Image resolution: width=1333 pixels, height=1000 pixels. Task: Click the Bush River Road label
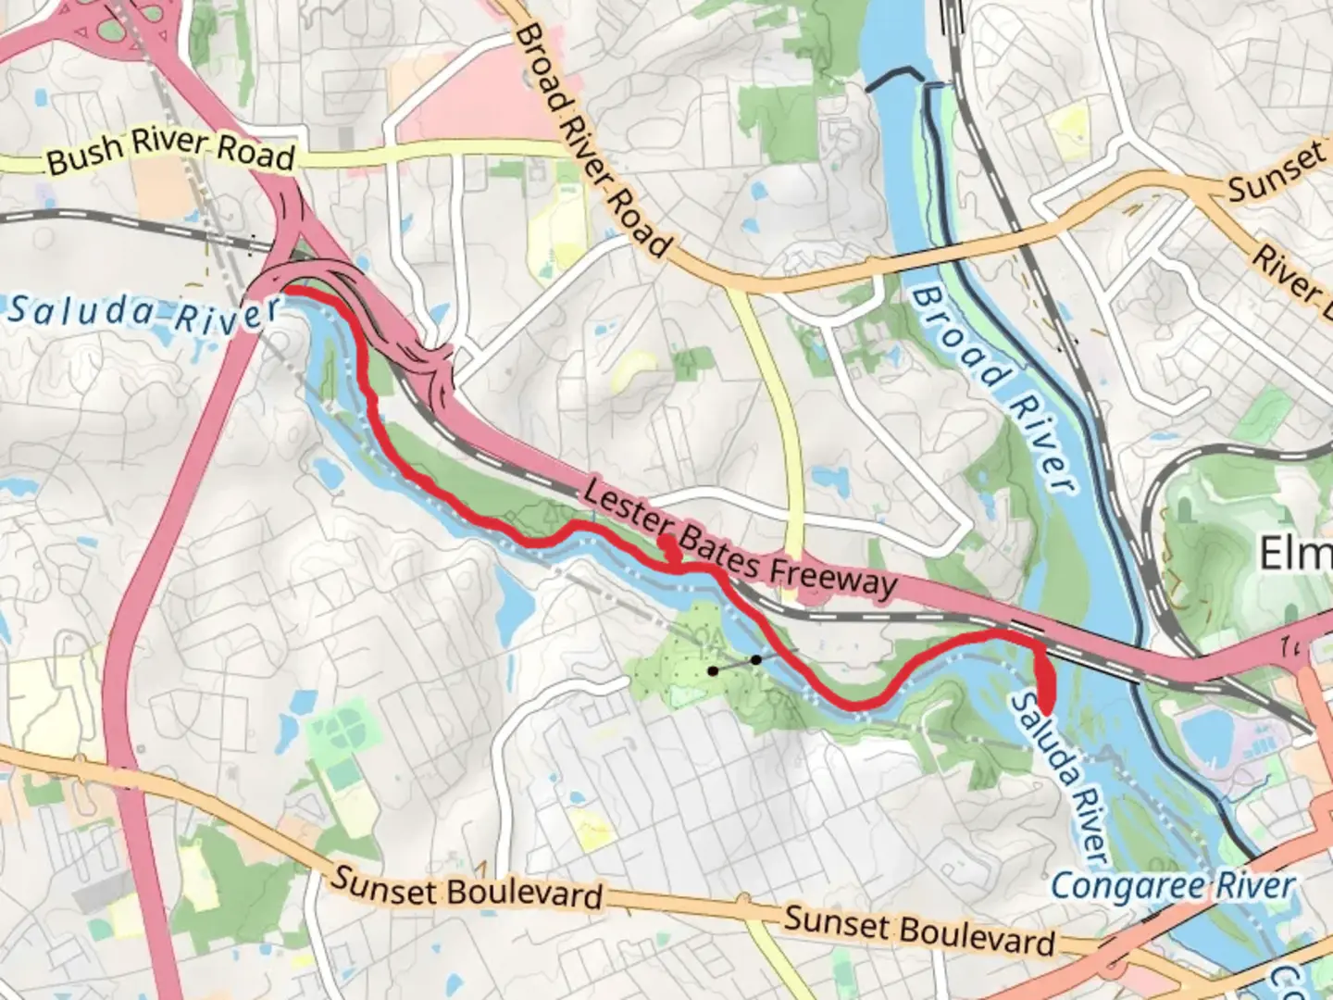171,152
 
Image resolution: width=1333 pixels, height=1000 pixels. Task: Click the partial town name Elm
1295,554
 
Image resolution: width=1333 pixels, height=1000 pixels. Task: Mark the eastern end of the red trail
1047,708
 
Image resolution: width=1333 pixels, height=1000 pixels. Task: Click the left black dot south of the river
713,670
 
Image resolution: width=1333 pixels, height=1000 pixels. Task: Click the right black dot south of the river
756,659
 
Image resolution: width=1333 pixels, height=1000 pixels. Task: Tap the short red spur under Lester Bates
670,549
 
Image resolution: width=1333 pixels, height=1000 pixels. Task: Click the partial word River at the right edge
1291,273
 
